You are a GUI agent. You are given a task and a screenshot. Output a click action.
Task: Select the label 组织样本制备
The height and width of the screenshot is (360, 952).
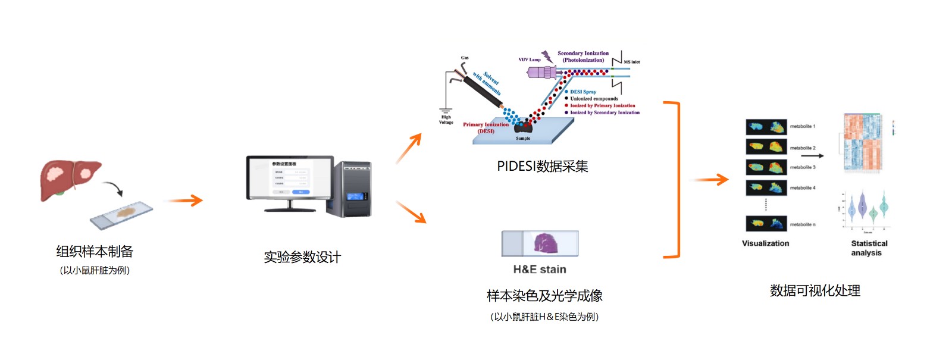tap(95, 252)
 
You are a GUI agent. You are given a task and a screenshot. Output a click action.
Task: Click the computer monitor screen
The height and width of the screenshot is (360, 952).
tap(290, 177)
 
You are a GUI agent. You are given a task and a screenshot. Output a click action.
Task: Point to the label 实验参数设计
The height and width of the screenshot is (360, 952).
tap(302, 257)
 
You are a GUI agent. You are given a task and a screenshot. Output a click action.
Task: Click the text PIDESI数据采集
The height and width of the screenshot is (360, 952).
tap(542, 167)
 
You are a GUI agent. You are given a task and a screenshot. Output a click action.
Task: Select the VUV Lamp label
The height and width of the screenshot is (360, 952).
tap(530, 60)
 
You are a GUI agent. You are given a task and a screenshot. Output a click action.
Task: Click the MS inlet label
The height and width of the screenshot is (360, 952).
tap(632, 62)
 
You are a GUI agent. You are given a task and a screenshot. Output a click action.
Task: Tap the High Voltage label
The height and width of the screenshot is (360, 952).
tap(446, 120)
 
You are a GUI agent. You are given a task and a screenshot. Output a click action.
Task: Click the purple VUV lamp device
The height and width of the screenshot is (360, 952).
tap(543, 73)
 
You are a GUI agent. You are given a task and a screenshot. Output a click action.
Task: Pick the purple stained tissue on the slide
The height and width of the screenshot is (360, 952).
tap(546, 243)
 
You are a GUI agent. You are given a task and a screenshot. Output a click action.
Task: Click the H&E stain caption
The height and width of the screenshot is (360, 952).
tap(540, 270)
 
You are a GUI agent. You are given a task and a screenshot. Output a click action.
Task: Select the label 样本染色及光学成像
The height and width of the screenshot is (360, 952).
tap(544, 296)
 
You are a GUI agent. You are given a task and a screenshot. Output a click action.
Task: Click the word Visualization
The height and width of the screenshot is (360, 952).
tap(765, 243)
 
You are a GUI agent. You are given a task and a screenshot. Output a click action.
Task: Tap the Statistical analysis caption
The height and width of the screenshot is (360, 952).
tap(869, 248)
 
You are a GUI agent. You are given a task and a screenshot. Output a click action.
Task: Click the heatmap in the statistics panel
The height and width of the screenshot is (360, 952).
tap(863, 142)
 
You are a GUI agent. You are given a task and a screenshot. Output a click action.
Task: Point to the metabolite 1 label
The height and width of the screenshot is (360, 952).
tap(803, 127)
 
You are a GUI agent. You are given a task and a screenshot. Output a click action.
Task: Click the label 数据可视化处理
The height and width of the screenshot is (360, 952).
tap(815, 290)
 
